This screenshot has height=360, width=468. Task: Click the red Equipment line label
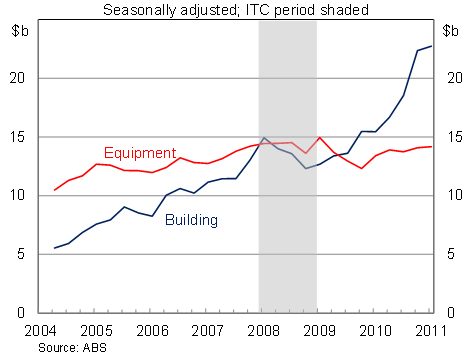pos(140,153)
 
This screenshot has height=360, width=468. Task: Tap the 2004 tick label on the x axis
pos(39,329)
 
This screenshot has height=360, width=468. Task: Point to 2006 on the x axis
pos(151,329)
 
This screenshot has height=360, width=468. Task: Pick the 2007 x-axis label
pos(207,329)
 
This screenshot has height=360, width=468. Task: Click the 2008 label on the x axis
pos(263,329)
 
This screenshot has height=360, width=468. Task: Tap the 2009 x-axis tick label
pos(319,329)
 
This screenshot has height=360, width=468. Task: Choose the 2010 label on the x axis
pos(375,329)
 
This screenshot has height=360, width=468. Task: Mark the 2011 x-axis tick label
pos(429,329)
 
